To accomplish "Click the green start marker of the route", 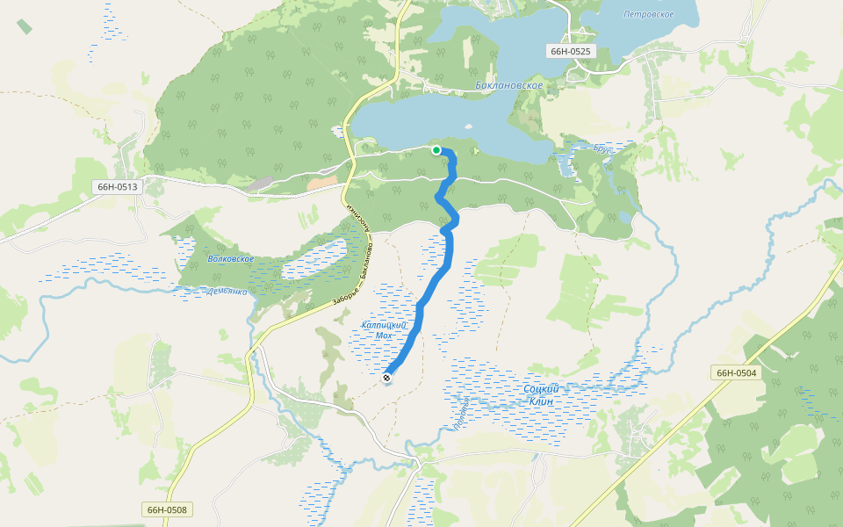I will point(436,150).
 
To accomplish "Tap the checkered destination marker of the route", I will point(387,378).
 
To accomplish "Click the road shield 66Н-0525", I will point(571,51).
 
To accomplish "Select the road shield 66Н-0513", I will point(118,186).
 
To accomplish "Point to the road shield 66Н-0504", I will point(736,373).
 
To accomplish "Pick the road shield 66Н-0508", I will point(167,509).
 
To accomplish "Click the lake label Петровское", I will point(648,15).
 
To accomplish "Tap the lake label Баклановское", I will point(508,86).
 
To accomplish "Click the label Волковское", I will point(231,259).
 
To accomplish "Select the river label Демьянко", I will point(227,291).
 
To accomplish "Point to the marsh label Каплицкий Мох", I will point(385,330).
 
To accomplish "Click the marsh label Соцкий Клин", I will point(541,394).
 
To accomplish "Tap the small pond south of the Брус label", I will point(624,216).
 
